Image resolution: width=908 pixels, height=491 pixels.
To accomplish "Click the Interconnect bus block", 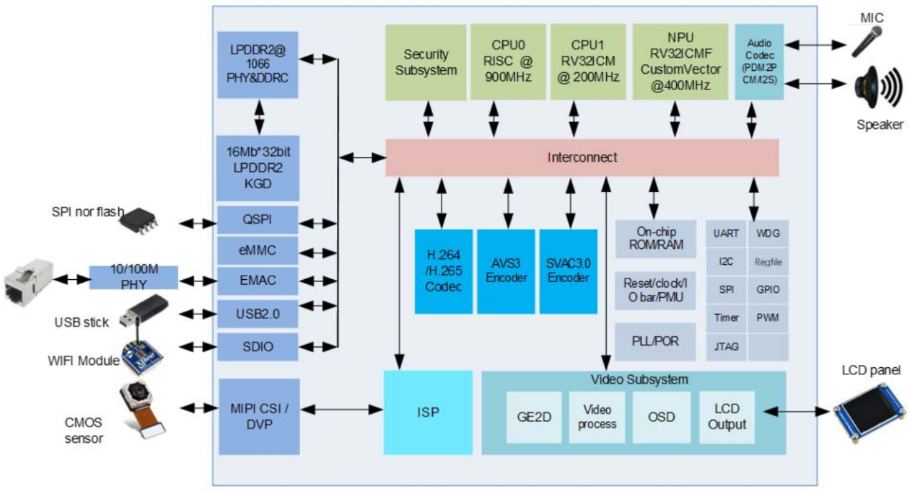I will point(581,157).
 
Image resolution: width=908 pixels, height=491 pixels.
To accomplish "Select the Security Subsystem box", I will point(426,62).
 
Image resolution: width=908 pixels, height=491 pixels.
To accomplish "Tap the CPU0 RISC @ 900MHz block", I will point(507,62).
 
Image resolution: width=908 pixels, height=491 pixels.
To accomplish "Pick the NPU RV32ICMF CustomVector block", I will point(675,62).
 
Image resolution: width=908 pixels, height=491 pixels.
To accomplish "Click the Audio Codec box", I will point(759,62).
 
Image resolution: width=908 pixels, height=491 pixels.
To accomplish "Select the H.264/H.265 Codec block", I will point(443,271).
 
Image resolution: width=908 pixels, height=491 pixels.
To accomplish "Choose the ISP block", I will point(428,412).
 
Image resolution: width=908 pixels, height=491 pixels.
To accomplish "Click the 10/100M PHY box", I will point(133,277).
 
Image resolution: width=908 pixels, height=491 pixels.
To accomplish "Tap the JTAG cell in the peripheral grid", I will point(726,346).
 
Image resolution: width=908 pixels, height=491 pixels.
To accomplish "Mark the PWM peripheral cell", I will point(768,318).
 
